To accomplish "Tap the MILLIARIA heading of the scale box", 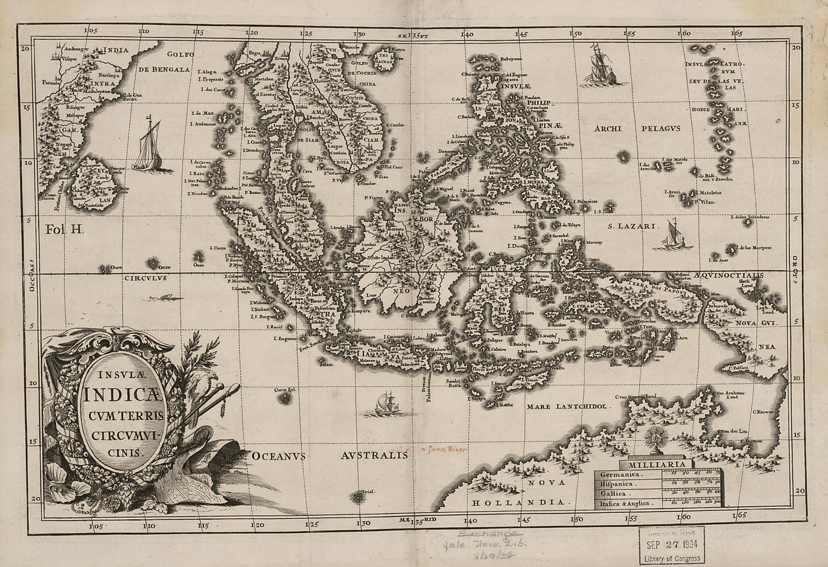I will coord(657,464).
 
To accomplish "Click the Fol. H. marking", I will coord(64,230).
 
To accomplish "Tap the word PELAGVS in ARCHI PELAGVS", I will coord(661,129).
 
